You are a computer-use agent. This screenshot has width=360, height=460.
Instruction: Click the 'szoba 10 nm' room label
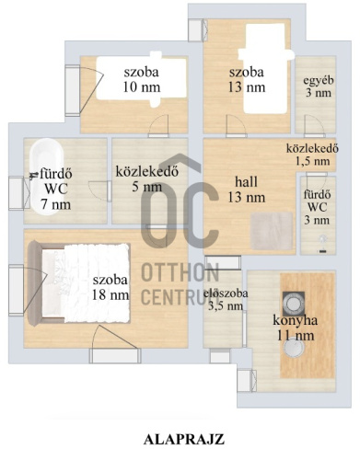(x=140, y=79)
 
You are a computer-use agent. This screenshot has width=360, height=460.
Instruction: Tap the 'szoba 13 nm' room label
(x=247, y=80)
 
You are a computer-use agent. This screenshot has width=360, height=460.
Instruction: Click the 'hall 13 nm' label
(x=250, y=190)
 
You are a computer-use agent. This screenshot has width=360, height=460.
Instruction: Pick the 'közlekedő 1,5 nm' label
(x=313, y=154)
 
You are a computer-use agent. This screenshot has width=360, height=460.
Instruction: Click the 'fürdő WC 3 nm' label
(x=319, y=207)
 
